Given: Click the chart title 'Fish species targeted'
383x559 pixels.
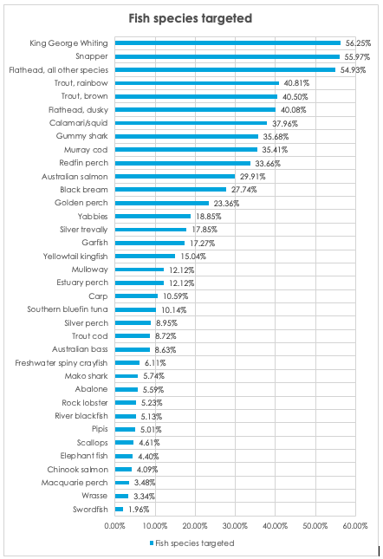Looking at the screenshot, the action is click(191, 18).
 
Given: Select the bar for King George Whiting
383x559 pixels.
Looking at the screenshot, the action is click(228, 43).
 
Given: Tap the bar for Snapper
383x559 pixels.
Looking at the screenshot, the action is click(227, 56).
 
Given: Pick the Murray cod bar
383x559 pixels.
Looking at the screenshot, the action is click(186, 150).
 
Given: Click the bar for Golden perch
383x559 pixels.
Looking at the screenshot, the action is click(162, 203).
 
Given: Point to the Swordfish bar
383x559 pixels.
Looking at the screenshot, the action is click(119, 510).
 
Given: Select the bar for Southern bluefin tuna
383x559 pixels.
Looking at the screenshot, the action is click(135, 309).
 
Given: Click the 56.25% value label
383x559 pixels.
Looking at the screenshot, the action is click(358, 43).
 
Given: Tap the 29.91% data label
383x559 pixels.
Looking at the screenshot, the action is click(253, 177).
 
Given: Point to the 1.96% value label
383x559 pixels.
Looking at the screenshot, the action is click(139, 510).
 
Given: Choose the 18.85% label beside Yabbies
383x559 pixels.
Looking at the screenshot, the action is click(209, 217).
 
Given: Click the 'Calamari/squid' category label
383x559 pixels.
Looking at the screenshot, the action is click(78, 123).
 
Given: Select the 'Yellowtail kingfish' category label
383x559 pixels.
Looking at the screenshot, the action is click(75, 257).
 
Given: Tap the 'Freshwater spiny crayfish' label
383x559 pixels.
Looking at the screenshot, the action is click(62, 363).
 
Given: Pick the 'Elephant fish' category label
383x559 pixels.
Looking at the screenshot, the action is click(84, 456).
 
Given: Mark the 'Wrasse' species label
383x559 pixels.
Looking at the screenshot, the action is click(94, 496).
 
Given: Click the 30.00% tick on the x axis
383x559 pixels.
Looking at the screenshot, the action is click(235, 526).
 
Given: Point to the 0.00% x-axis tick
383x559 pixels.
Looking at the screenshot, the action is click(114, 526).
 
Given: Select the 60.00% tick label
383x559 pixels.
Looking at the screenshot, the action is click(355, 526).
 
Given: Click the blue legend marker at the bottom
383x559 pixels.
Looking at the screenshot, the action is click(152, 543).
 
